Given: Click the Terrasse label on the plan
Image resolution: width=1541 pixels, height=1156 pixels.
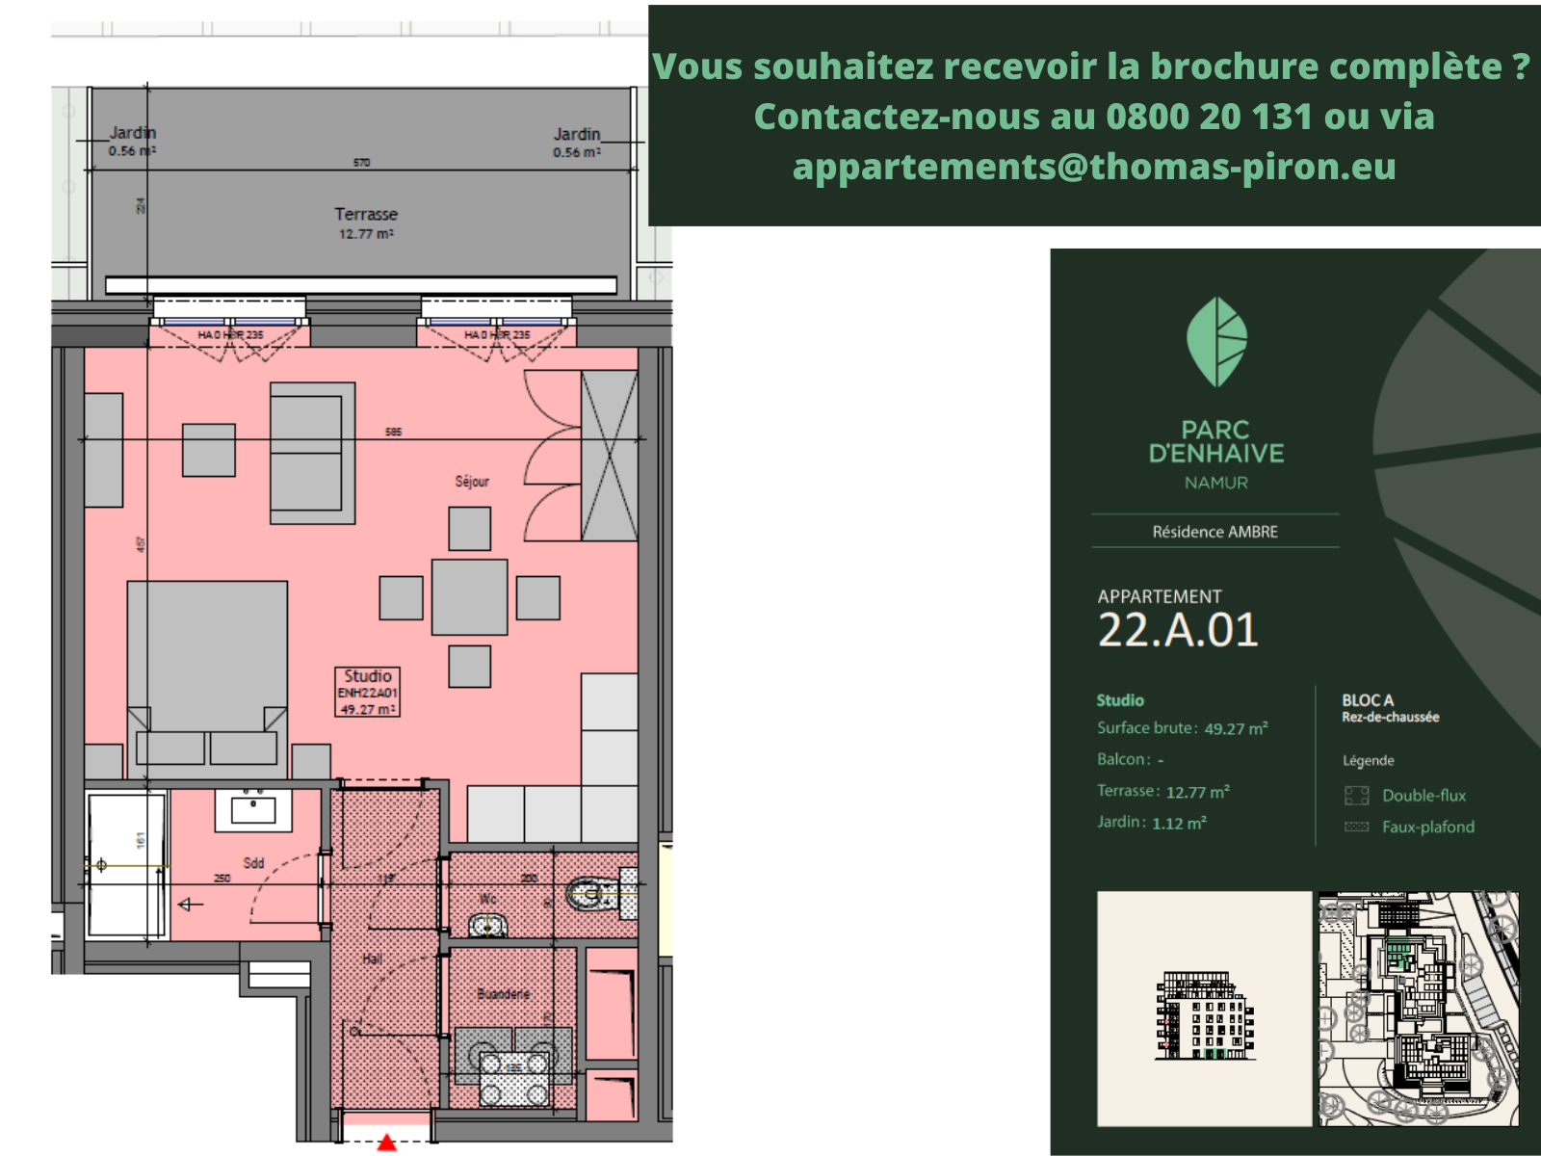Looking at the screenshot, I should click(x=366, y=215).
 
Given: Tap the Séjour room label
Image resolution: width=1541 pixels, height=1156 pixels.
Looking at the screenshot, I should click(x=472, y=481).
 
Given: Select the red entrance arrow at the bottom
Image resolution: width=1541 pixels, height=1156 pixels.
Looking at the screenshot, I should click(x=386, y=1143).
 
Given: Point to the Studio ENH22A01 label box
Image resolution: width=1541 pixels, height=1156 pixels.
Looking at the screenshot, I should click(x=367, y=692).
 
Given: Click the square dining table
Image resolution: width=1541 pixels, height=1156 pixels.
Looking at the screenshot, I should click(x=469, y=597).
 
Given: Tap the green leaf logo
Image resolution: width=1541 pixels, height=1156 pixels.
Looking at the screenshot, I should click(x=1216, y=342).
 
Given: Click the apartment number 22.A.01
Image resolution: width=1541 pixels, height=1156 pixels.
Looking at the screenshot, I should click(x=1178, y=630).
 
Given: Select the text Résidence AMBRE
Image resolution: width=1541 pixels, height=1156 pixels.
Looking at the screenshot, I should click(x=1215, y=532).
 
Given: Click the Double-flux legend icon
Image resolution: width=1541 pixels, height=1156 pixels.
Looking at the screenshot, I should click(x=1356, y=795).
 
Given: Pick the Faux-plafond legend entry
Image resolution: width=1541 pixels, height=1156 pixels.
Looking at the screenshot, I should click(x=1427, y=827).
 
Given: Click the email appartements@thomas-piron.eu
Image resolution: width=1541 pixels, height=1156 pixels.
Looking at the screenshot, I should click(x=1094, y=167).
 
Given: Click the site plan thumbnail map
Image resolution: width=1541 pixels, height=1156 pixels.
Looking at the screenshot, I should click(x=1418, y=1008).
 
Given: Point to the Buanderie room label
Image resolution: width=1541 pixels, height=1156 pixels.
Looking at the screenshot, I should click(x=504, y=993).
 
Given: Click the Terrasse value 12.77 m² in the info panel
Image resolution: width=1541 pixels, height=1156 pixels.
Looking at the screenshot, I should click(x=1197, y=792).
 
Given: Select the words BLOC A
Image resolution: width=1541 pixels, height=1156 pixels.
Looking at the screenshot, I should click(x=1367, y=700).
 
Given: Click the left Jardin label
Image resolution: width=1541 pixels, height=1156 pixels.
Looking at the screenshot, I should click(x=132, y=133).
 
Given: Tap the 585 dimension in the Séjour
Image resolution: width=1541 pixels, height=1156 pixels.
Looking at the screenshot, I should click(x=393, y=432).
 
